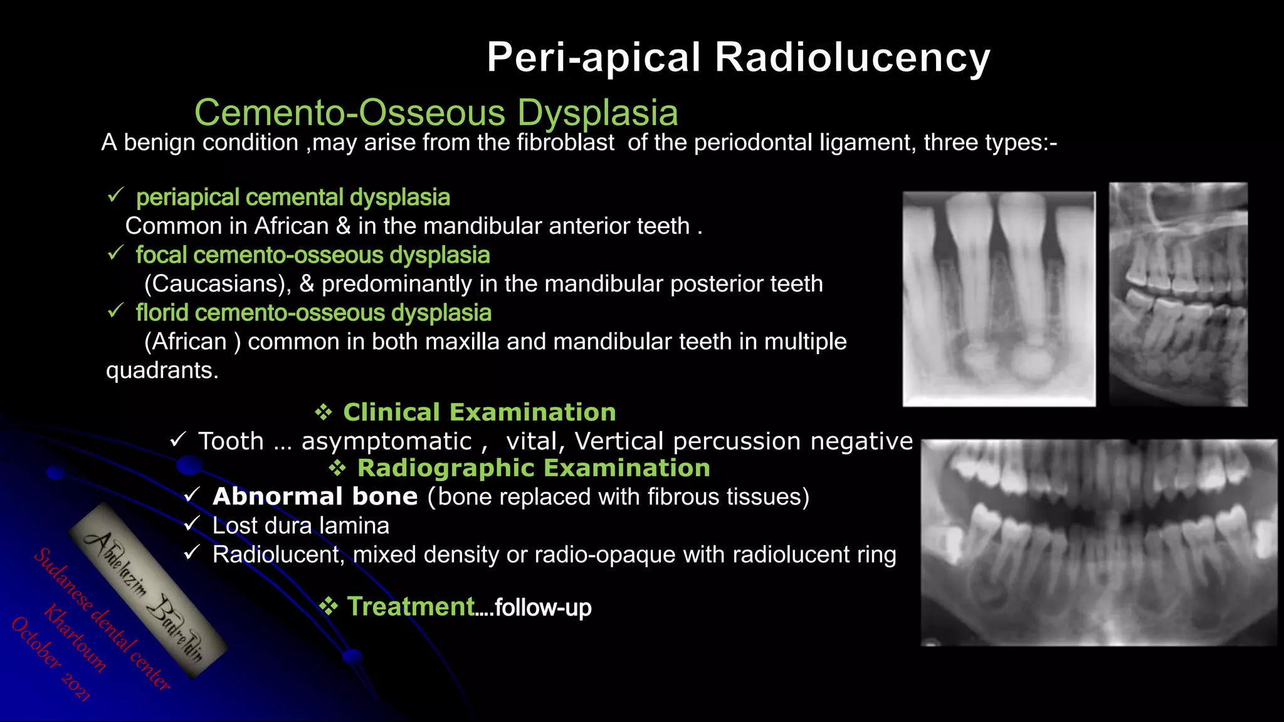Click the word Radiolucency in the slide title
coord(852,58)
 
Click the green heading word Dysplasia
coord(597,113)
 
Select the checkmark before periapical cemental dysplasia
coord(115,196)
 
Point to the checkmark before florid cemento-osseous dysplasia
coord(115,311)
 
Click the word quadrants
coord(162,370)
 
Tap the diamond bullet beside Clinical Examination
coord(324,412)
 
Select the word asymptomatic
coord(386,441)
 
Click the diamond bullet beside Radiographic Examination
coord(338,468)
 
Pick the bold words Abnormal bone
coord(315,496)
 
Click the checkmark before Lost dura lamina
coord(192,525)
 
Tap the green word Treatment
coord(411,607)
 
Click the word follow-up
coord(543,607)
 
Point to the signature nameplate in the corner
coord(147,590)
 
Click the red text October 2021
coord(50,658)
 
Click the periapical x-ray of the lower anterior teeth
coord(999,299)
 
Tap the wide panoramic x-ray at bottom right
coord(1098,543)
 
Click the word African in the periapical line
coord(291,226)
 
